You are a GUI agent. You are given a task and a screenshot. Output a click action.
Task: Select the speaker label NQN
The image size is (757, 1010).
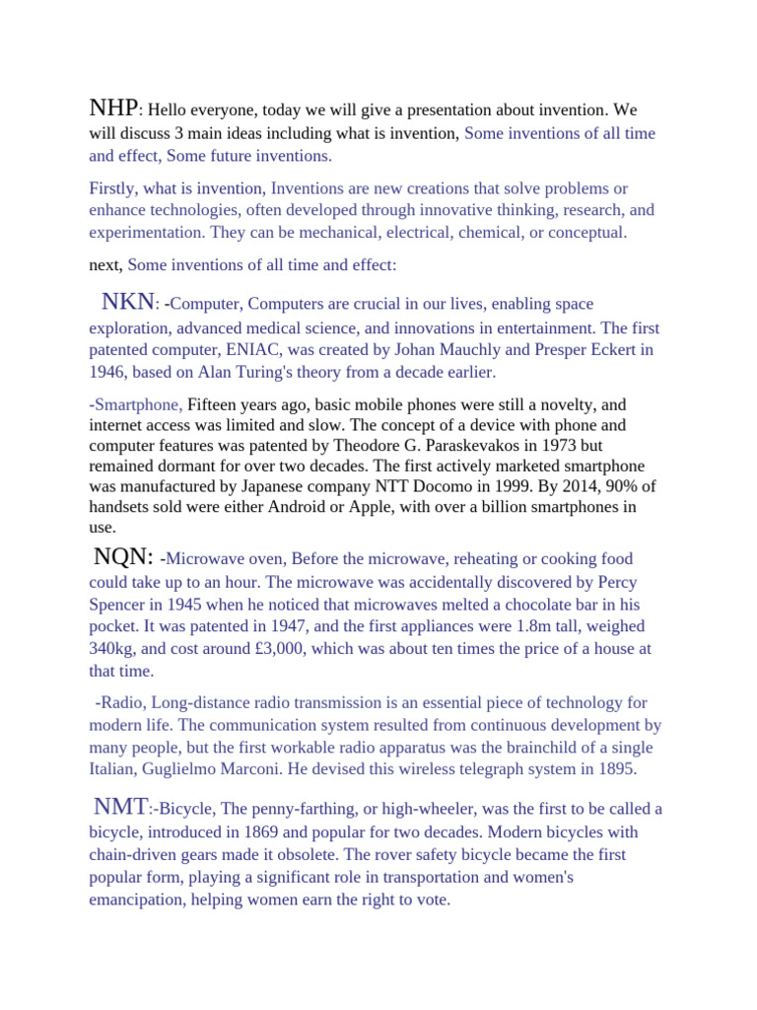click(x=123, y=556)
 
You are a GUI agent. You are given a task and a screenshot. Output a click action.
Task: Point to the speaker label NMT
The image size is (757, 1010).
click(x=120, y=806)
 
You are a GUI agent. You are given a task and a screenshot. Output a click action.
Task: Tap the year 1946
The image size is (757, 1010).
click(x=106, y=372)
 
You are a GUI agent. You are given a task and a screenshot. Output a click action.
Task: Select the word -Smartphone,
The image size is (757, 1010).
click(x=136, y=404)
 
